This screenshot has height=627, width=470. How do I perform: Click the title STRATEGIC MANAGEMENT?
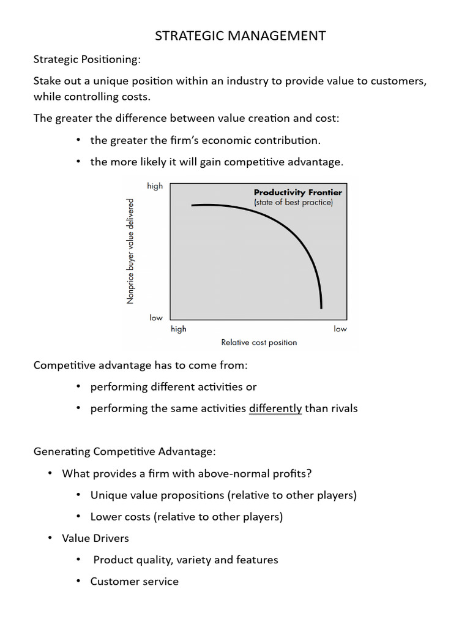pos(240,36)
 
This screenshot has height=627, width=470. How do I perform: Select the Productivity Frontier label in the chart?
pos(298,192)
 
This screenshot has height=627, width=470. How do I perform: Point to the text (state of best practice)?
pos(293,203)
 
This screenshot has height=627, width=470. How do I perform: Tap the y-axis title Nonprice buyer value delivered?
pos(130,251)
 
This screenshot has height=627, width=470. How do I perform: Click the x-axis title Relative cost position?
pos(259,342)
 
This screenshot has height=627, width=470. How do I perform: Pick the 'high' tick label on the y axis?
pos(155,186)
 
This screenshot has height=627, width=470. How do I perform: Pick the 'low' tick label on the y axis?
pos(156,318)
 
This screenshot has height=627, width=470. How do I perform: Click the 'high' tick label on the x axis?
pos(179,329)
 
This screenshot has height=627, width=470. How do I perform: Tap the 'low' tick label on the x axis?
pos(340,329)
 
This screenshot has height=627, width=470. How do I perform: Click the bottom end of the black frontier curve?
pos(321,307)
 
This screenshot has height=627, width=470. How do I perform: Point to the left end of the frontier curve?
pos(193,206)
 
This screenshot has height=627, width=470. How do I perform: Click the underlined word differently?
pos(275,408)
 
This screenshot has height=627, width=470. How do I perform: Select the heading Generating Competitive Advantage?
pos(124,451)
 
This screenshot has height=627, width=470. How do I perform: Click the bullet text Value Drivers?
pos(95,538)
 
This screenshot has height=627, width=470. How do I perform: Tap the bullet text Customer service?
pos(135,581)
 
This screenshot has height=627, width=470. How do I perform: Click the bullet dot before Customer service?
pos(78,581)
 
